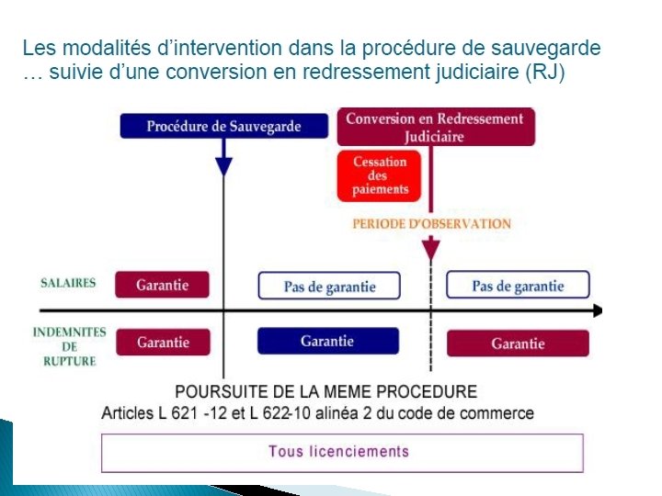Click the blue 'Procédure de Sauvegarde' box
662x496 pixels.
(223, 126)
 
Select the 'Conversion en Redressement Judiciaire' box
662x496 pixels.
(435, 127)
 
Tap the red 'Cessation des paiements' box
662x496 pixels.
(380, 175)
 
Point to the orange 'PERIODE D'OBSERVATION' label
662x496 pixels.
(431, 223)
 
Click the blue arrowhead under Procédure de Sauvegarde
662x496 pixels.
(223, 166)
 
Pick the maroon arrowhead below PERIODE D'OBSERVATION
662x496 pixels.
(430, 248)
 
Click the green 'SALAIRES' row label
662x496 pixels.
(68, 283)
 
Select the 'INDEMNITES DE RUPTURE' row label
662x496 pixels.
(69, 346)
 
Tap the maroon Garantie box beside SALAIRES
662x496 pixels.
(162, 285)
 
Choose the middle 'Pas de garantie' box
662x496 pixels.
(329, 287)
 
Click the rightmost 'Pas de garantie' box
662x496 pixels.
(518, 286)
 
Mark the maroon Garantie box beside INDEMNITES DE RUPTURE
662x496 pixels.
(163, 343)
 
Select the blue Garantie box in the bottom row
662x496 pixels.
(326, 341)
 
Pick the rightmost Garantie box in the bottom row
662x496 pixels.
(518, 344)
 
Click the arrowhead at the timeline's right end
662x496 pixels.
(597, 310)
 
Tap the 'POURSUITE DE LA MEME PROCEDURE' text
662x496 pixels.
(325, 392)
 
